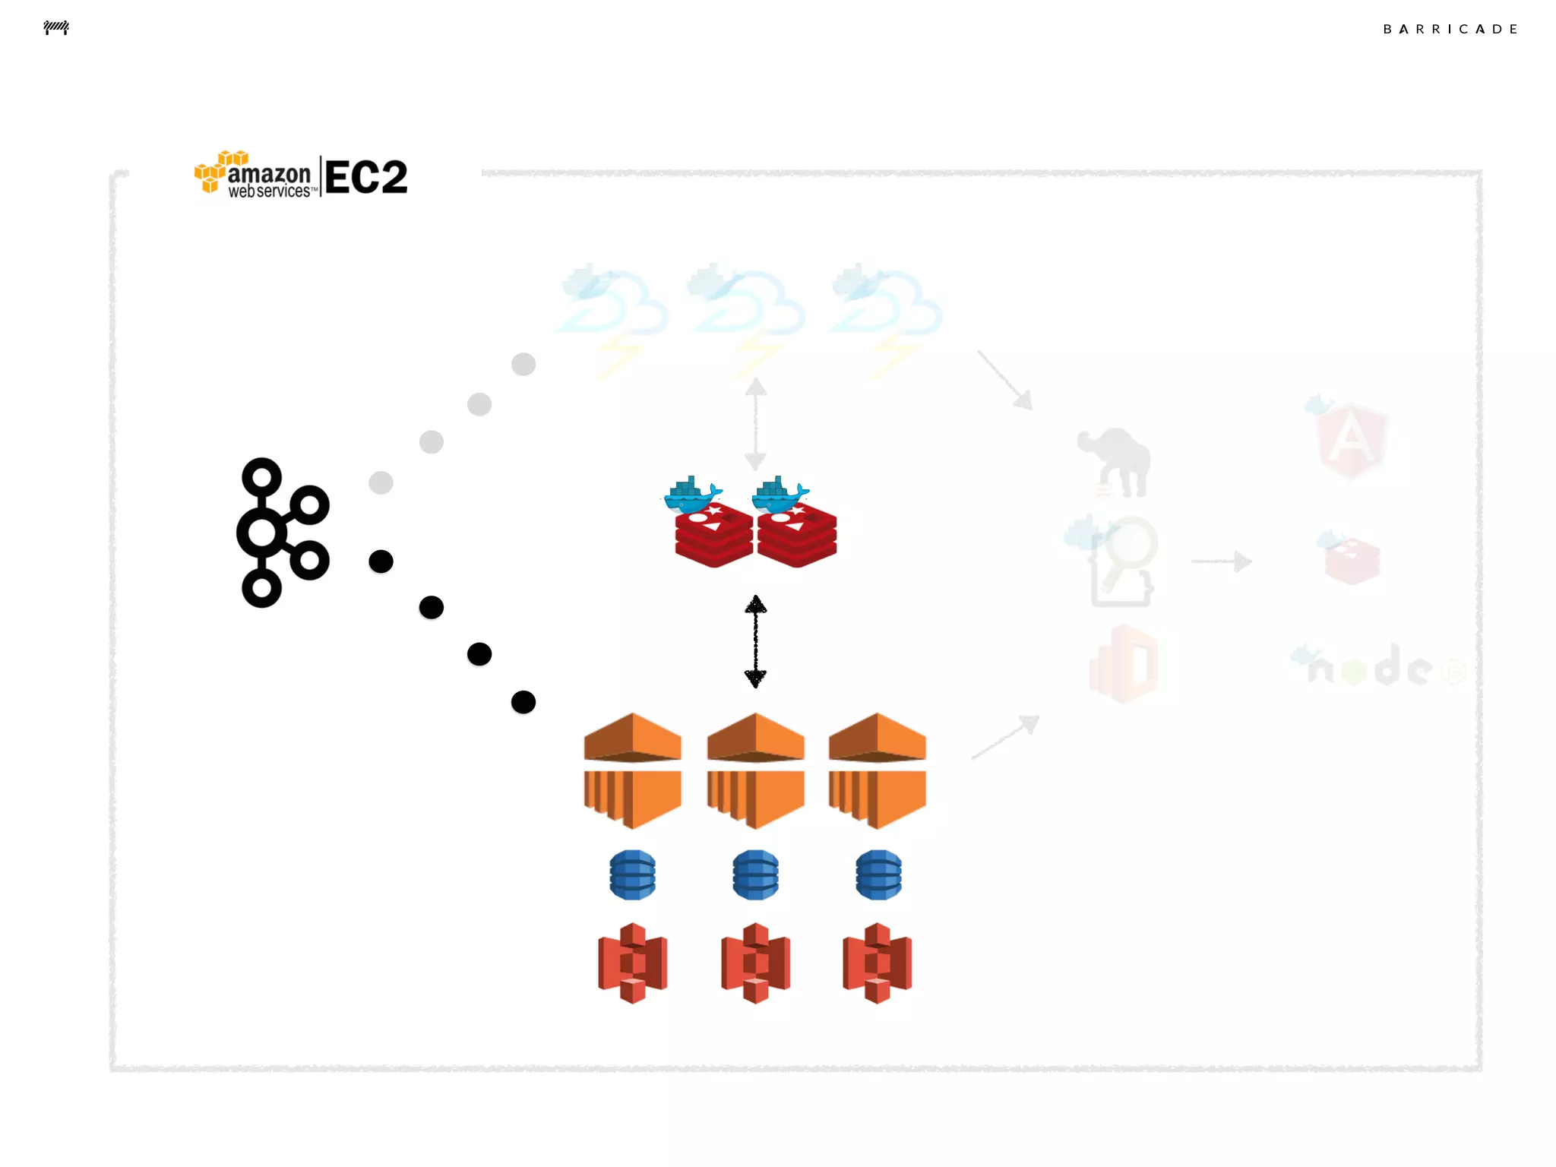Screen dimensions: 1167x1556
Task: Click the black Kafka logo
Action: click(x=282, y=532)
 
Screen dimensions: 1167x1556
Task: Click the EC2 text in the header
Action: click(x=366, y=177)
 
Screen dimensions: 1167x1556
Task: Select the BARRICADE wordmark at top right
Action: click(x=1450, y=29)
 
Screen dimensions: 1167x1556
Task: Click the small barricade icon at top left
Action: click(x=56, y=28)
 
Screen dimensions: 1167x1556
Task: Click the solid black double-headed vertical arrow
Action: click(x=755, y=641)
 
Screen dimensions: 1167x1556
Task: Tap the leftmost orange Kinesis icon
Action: click(x=632, y=770)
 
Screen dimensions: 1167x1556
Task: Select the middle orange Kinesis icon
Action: click(x=755, y=770)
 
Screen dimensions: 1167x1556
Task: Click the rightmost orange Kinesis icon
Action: click(x=878, y=770)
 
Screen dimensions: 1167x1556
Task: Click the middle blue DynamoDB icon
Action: click(x=755, y=874)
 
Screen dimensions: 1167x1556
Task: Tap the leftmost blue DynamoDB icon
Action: click(x=632, y=874)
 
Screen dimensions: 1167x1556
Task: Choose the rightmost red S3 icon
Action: click(x=878, y=963)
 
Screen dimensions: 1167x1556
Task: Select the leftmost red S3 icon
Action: click(x=632, y=963)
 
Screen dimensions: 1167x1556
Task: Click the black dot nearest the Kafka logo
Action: click(x=381, y=561)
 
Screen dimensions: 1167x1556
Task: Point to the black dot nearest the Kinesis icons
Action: click(x=523, y=702)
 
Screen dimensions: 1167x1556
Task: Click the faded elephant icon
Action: click(x=1115, y=461)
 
